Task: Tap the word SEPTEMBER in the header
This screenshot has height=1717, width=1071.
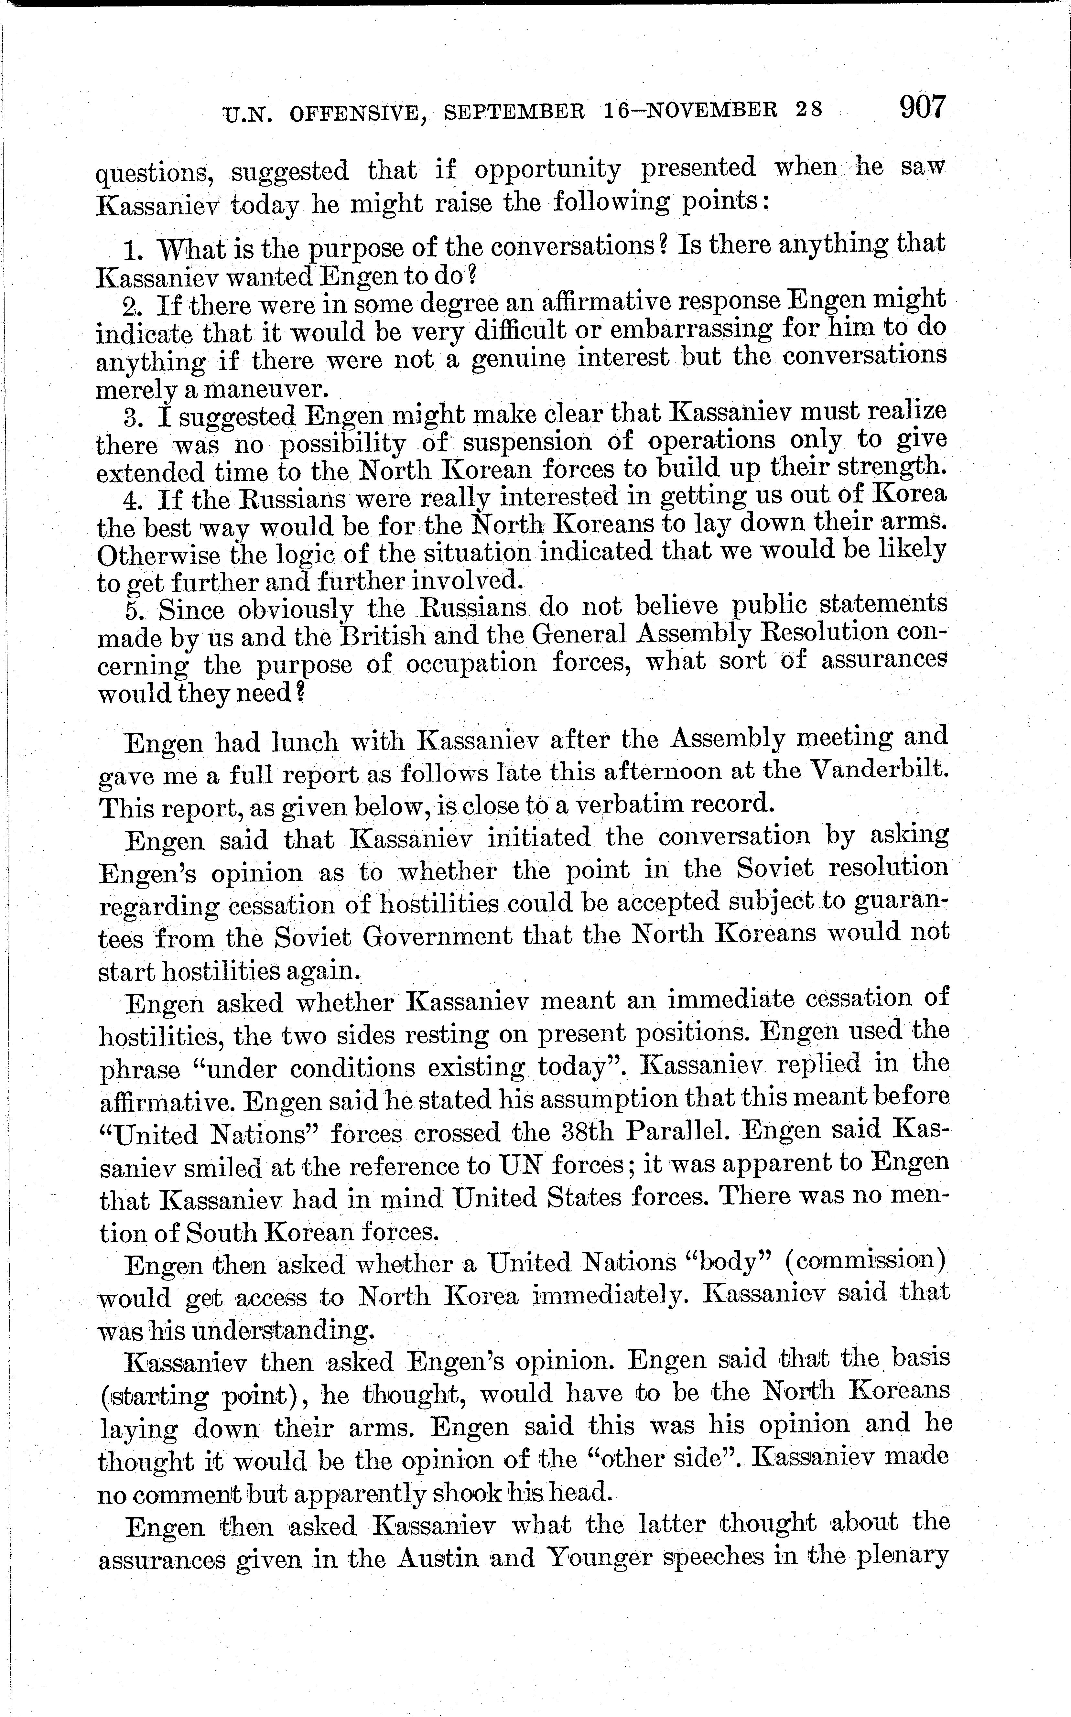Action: click(514, 111)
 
